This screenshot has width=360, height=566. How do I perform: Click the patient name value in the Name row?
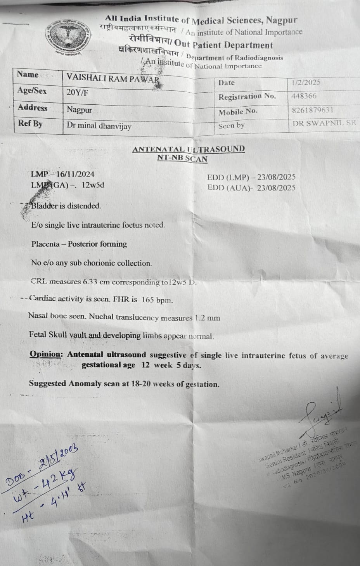point(113,78)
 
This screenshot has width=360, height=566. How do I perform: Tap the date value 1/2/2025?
point(306,82)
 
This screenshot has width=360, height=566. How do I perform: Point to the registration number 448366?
point(304,96)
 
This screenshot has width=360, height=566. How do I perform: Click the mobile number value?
point(312,110)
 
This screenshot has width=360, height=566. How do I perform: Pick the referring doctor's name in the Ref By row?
point(99,126)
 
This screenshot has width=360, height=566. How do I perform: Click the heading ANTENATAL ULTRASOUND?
point(189,149)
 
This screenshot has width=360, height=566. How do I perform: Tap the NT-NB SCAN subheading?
point(182,158)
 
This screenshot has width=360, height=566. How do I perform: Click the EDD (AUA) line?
point(251,188)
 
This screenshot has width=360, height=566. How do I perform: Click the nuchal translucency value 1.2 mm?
point(207,318)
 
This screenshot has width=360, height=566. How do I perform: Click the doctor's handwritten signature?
point(322,414)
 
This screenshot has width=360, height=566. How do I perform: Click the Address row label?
point(33,107)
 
